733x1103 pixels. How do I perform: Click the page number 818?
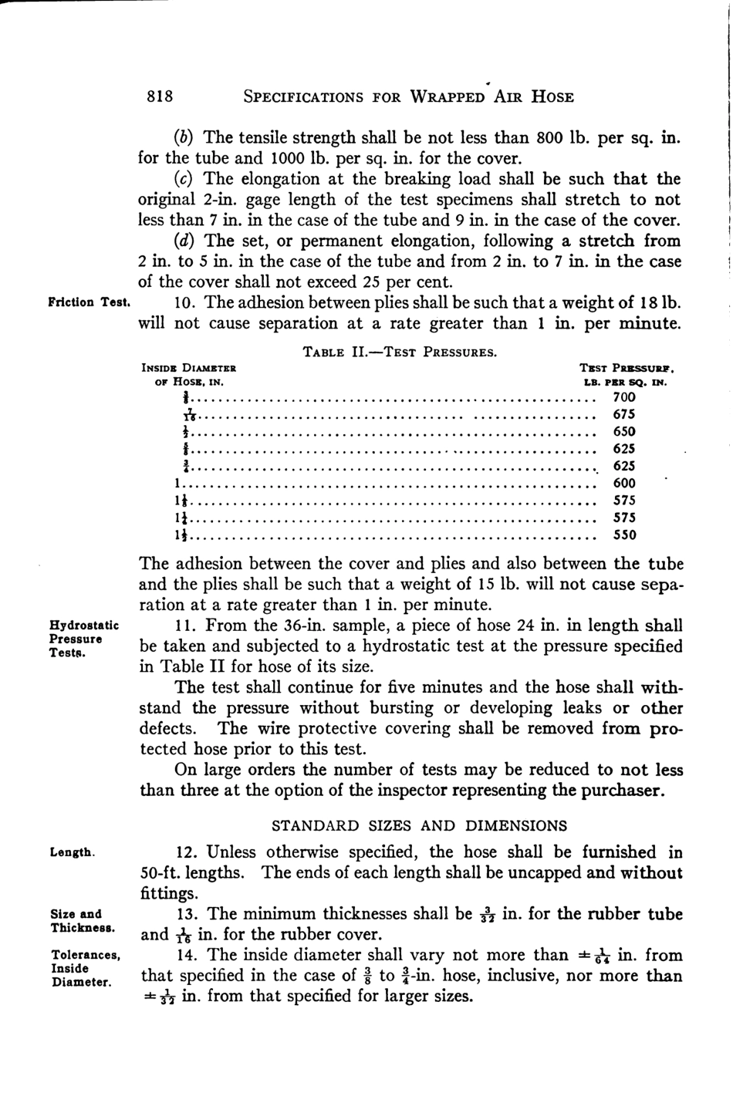160,96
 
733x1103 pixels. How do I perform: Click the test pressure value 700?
623,397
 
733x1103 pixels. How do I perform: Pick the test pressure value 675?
623,415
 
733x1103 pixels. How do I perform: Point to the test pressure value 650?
623,432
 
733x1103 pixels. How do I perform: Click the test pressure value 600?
623,483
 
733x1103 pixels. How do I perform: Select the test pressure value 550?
623,535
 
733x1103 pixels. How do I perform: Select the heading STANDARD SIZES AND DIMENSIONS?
419,825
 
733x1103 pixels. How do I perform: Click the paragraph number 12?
187,852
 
